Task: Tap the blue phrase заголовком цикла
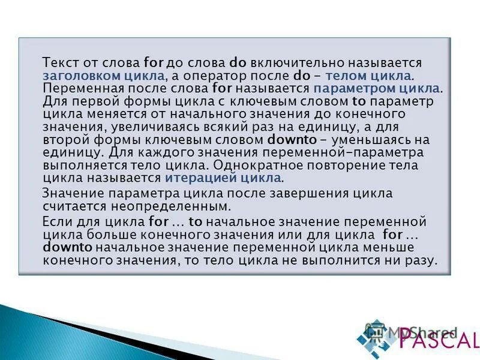(103, 76)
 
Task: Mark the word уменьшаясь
(382, 140)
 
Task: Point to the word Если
(58, 221)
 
